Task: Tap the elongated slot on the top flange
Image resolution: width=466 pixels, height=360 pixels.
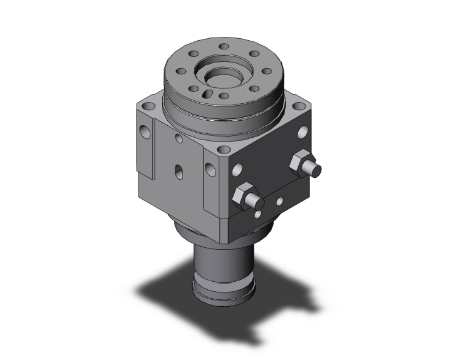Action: [x=209, y=95]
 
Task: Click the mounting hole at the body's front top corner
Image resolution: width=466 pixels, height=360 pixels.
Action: [x=223, y=151]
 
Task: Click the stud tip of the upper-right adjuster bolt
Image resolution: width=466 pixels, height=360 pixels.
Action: [x=316, y=169]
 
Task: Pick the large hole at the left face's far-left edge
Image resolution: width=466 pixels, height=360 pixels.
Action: [x=147, y=131]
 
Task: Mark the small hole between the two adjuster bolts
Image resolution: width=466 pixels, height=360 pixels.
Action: [x=280, y=202]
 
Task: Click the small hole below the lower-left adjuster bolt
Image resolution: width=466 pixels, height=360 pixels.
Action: [x=258, y=215]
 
